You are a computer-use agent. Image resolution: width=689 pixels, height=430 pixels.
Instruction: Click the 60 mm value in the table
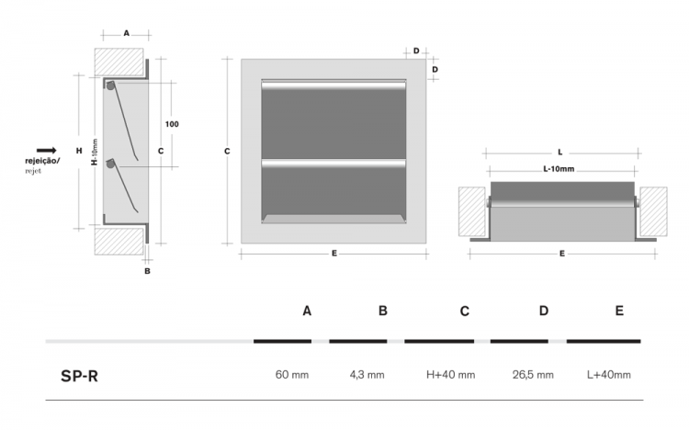coord(292,375)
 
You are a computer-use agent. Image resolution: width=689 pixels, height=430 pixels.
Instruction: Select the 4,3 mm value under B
coord(367,375)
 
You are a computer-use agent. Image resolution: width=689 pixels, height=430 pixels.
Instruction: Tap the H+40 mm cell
coord(450,375)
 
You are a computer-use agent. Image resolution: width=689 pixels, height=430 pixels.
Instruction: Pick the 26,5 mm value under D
coord(533,375)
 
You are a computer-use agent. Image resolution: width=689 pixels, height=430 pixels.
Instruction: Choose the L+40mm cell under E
coord(608,375)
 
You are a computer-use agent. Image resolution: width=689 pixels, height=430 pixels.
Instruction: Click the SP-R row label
coord(79,377)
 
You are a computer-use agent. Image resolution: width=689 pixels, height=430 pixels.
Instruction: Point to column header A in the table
coord(307,311)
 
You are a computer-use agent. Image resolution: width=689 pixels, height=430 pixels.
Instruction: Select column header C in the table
coord(465,311)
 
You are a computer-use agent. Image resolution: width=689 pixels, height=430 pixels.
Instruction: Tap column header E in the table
coord(619,311)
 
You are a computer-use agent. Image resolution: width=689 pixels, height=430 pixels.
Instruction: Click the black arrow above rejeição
coord(47,151)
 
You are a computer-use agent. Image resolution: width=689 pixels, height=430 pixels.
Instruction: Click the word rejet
coord(33,171)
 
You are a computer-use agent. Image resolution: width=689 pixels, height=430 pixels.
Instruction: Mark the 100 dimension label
coord(172,124)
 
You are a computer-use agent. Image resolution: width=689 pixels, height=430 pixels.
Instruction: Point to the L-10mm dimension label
coord(559,169)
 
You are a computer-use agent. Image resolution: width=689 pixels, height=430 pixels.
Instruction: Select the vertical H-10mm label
coord(95,153)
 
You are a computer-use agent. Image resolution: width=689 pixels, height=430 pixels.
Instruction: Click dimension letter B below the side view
coord(147,271)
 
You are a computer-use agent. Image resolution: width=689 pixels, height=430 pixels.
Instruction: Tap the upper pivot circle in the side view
coord(110,85)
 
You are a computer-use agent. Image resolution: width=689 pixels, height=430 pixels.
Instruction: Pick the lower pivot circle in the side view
coord(110,164)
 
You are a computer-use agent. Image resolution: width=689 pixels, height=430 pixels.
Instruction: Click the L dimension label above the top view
coord(560,153)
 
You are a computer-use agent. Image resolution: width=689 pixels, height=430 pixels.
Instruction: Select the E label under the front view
coord(334,254)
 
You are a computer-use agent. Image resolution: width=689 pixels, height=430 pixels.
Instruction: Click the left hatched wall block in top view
coord(472,211)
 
